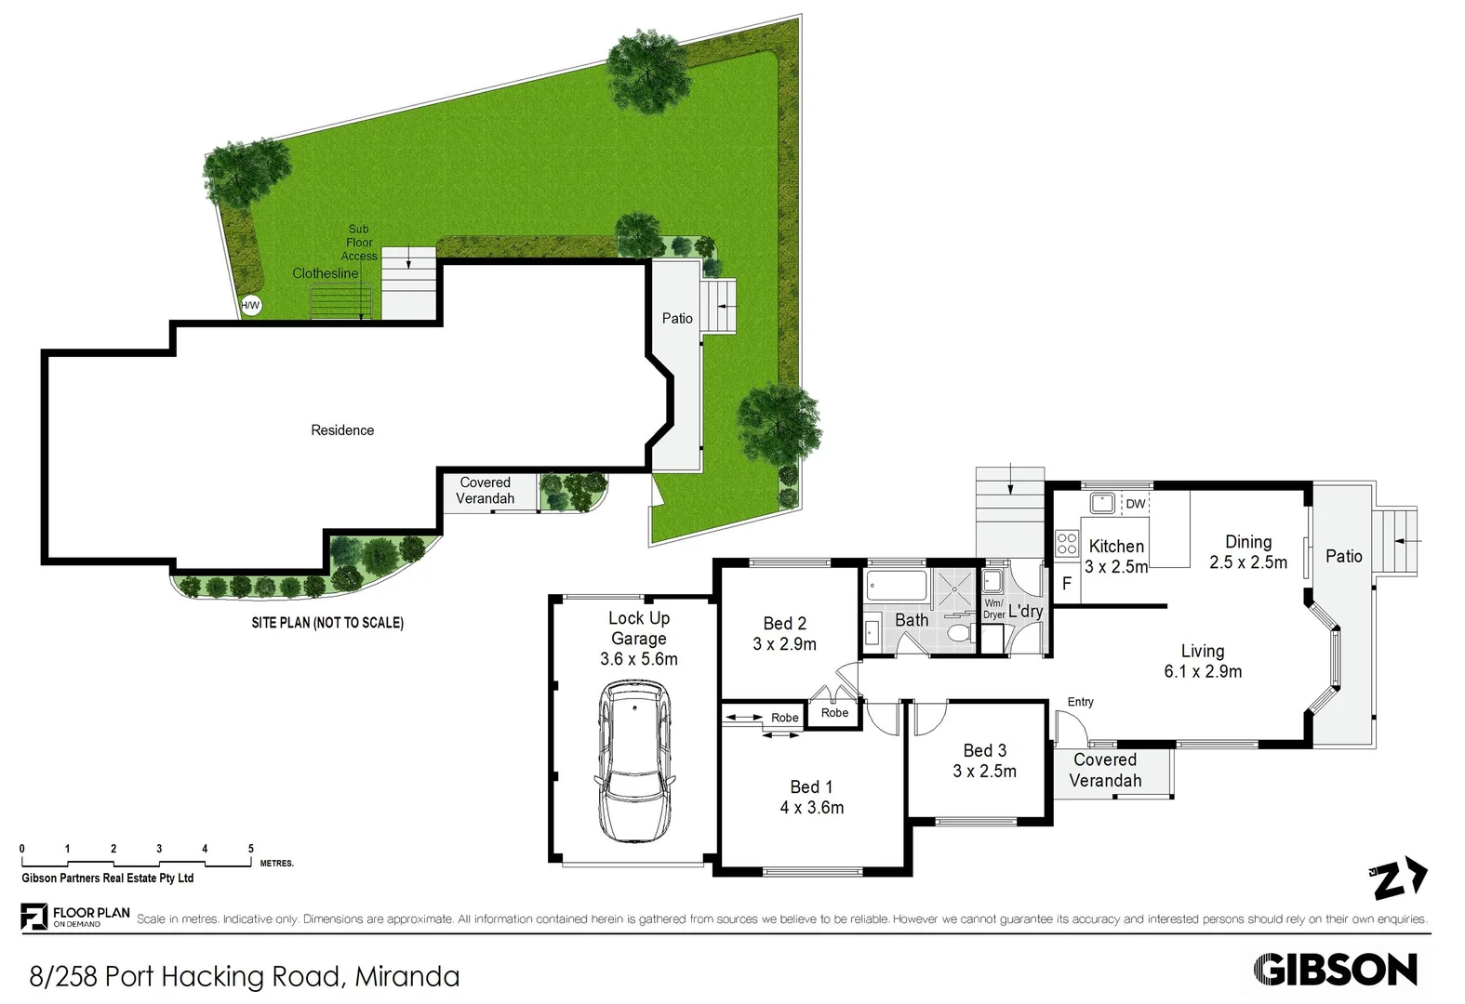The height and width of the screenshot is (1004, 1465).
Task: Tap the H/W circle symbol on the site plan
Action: click(x=251, y=305)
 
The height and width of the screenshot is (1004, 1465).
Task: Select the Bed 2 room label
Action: click(x=784, y=624)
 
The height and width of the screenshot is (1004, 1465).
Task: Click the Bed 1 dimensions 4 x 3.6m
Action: click(x=811, y=808)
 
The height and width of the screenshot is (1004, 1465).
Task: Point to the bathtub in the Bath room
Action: click(x=897, y=586)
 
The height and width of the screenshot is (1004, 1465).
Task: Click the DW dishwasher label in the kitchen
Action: click(x=1136, y=504)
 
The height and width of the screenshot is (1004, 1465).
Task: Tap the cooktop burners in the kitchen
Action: click(x=1067, y=543)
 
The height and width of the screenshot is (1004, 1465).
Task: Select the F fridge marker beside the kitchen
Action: click(x=1067, y=584)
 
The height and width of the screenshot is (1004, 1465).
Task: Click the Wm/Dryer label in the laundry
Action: click(x=993, y=609)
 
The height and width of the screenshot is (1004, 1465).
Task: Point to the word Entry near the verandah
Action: click(x=1080, y=702)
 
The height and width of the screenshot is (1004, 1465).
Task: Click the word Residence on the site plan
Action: click(x=342, y=430)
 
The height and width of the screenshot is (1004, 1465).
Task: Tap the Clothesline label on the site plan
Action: click(x=325, y=273)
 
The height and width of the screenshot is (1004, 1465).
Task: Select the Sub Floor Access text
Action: click(x=359, y=243)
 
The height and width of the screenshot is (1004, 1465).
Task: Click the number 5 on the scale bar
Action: click(x=250, y=849)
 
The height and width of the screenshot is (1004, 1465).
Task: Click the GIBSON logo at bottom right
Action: click(x=1335, y=970)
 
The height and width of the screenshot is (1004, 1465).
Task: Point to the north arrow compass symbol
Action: click(x=1398, y=878)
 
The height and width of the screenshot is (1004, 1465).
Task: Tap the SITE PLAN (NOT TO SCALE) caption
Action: click(x=327, y=623)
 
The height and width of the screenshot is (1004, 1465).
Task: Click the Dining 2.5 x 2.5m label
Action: click(x=1248, y=552)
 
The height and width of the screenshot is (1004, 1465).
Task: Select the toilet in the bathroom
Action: click(x=959, y=633)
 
